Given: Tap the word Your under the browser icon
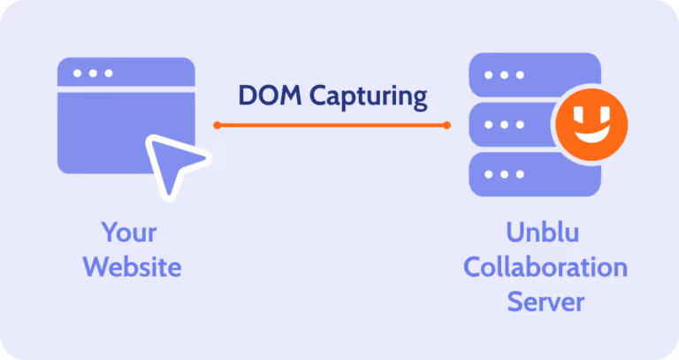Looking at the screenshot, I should pyautogui.click(x=129, y=233).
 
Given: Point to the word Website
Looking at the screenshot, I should pyautogui.click(x=132, y=266).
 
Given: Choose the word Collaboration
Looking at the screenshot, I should pyautogui.click(x=545, y=267).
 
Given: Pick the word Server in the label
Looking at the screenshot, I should pyautogui.click(x=545, y=301).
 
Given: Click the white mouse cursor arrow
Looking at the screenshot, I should pyautogui.click(x=172, y=163).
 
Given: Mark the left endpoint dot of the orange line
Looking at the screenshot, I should pyautogui.click(x=216, y=125).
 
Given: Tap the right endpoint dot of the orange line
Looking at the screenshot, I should pyautogui.click(x=447, y=125).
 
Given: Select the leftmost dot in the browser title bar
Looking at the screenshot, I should pyautogui.click(x=77, y=73).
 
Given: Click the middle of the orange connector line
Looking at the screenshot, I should pyautogui.click(x=332, y=125).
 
